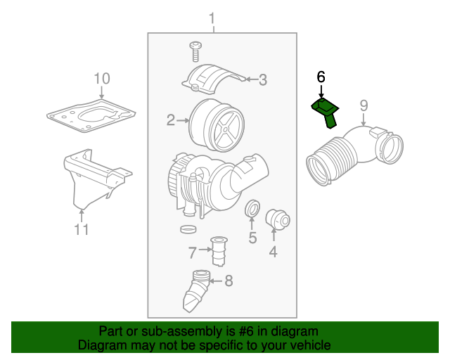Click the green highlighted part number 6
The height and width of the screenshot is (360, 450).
325,110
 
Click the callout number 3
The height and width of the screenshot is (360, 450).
262,80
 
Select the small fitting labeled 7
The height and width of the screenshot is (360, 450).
219,252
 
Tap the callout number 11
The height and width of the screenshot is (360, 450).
82,229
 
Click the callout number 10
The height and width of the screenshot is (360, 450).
102,78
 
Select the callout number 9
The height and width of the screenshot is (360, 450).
364,105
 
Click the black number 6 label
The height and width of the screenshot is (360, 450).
321,77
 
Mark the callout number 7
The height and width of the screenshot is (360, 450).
192,251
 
